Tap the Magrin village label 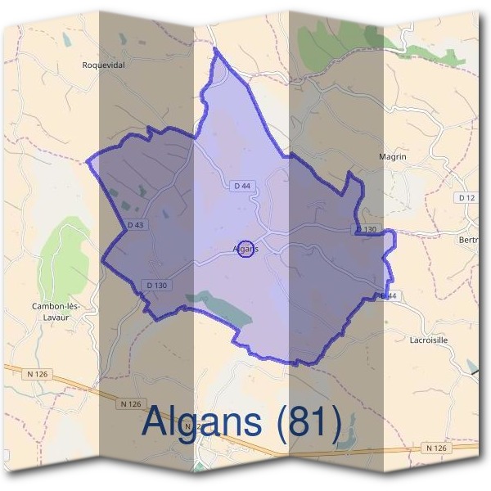coord(393,156)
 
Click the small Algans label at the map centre coord(245,248)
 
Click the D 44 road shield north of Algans coord(241,187)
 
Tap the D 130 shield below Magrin coord(367,229)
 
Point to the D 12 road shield coord(466,198)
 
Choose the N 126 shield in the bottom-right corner coord(437,448)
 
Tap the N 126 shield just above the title coord(132,403)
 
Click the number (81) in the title coord(309,422)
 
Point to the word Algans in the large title coord(201,422)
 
